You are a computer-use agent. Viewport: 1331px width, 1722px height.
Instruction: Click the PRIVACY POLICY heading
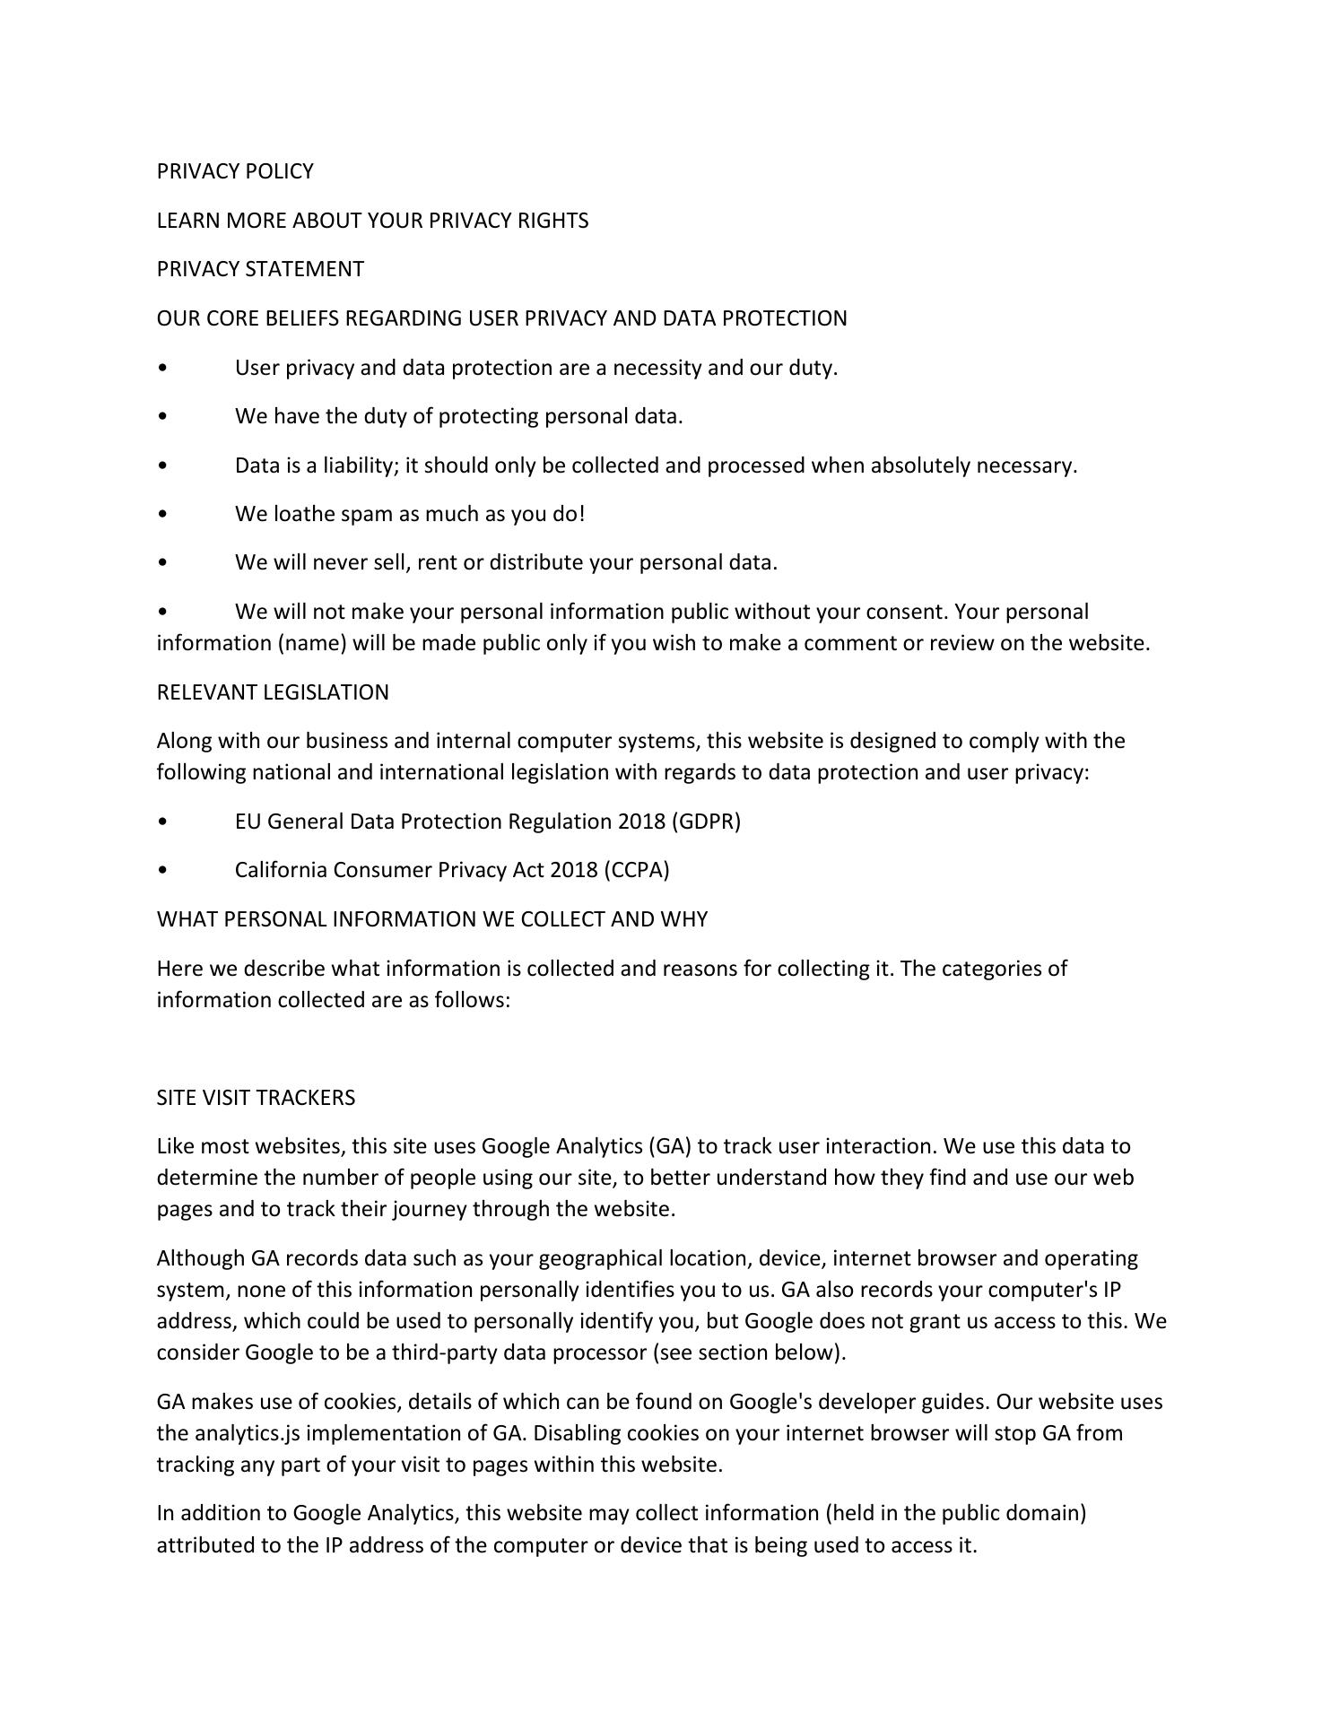(x=235, y=171)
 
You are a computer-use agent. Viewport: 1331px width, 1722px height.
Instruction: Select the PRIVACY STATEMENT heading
(x=260, y=269)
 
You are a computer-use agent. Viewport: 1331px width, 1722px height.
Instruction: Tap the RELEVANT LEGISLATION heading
(x=273, y=692)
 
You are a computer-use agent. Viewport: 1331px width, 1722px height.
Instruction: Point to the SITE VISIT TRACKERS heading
(x=256, y=1098)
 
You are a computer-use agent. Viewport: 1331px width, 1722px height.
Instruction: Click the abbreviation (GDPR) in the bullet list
(x=706, y=822)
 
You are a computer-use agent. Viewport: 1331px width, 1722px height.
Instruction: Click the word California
(x=281, y=870)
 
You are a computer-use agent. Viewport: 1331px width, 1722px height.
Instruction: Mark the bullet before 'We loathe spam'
(x=161, y=515)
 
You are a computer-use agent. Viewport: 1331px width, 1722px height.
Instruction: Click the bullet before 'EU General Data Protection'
(x=161, y=822)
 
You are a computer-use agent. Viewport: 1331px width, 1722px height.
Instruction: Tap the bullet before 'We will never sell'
(x=161, y=563)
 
